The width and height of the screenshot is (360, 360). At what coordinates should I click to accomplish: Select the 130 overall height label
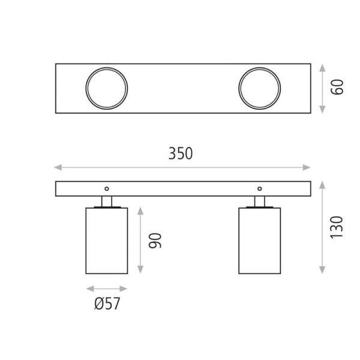pyautogui.click(x=338, y=227)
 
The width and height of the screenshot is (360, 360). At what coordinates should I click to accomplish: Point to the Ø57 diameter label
pyautogui.click(x=107, y=304)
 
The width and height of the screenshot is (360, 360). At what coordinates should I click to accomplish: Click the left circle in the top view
pyautogui.click(x=107, y=88)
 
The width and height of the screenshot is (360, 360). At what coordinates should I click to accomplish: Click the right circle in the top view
pyautogui.click(x=259, y=88)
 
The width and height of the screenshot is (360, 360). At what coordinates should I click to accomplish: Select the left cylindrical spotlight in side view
pyautogui.click(x=107, y=240)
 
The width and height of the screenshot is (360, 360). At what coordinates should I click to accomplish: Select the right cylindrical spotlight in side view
pyautogui.click(x=259, y=240)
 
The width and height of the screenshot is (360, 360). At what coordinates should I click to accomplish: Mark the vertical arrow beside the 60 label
pyautogui.click(x=323, y=88)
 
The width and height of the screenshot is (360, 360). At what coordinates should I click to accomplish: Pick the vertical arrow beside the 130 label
pyautogui.click(x=323, y=227)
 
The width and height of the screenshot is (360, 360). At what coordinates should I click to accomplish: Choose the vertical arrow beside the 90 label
pyautogui.click(x=140, y=240)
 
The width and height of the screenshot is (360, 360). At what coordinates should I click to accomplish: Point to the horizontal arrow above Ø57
pyautogui.click(x=107, y=288)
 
